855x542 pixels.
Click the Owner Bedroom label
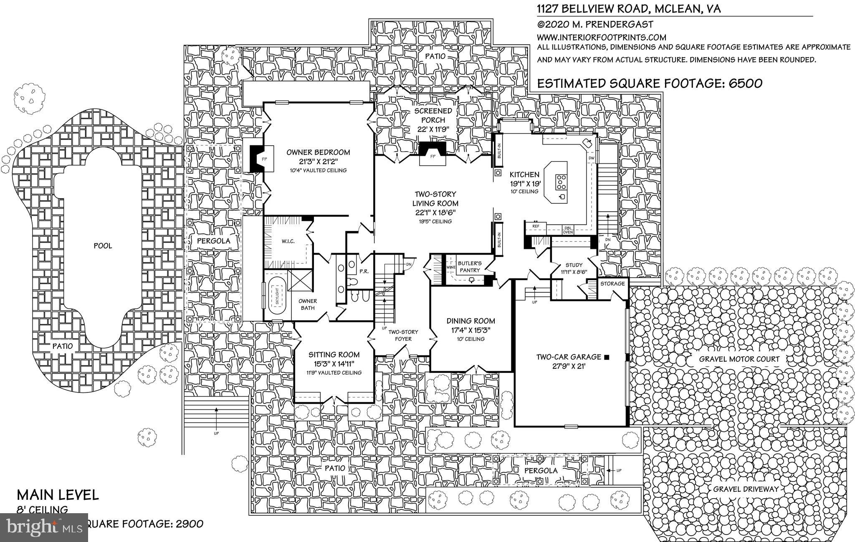click(318, 152)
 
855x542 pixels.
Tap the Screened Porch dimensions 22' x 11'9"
click(433, 129)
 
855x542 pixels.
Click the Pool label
click(103, 246)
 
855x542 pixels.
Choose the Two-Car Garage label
click(568, 357)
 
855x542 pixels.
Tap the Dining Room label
click(471, 321)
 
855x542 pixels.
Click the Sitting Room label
click(334, 355)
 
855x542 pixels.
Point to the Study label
click(573, 265)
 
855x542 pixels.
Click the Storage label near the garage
click(612, 284)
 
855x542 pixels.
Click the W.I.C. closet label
click(288, 241)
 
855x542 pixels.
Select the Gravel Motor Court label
click(739, 359)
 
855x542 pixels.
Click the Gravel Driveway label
click(746, 489)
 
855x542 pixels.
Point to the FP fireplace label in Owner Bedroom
click(263, 159)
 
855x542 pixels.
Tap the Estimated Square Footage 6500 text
click(649, 83)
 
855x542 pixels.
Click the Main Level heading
click(58, 495)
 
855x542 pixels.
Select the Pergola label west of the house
click(213, 241)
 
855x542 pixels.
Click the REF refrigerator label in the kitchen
click(536, 226)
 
